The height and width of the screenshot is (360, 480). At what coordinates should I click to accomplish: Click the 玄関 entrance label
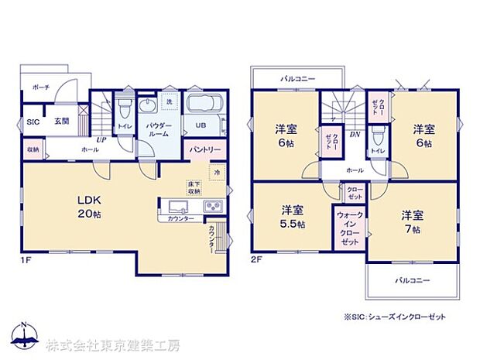click(62, 122)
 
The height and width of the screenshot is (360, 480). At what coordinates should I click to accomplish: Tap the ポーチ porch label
click(41, 88)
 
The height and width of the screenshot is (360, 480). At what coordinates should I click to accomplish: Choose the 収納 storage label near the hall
click(33, 149)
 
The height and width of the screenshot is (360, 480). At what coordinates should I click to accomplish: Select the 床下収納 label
click(194, 187)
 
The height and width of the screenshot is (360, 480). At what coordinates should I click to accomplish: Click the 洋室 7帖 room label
click(411, 221)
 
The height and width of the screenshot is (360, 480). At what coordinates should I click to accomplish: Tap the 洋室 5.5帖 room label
click(292, 217)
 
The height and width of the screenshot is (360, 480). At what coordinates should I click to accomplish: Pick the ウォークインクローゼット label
click(349, 226)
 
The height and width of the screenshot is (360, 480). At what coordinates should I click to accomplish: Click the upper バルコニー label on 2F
click(295, 79)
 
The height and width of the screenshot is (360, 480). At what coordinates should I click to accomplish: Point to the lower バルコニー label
click(411, 279)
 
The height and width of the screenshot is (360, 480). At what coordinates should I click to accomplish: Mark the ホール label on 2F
click(355, 170)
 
